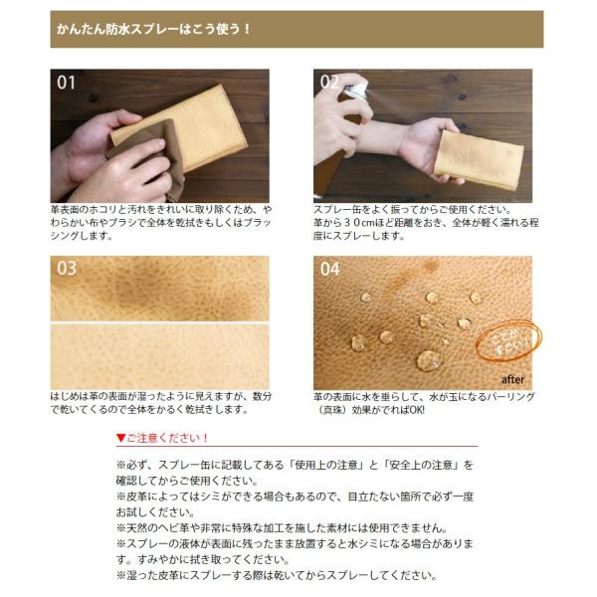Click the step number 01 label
click(x=67, y=83)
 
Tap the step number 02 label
click(x=330, y=82)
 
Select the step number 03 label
click(x=67, y=269)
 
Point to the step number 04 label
click(x=330, y=269)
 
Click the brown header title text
click(x=153, y=28)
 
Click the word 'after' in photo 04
click(x=512, y=379)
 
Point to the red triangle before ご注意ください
click(x=121, y=438)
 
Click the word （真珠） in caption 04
click(x=334, y=409)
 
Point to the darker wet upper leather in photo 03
click(x=159, y=289)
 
